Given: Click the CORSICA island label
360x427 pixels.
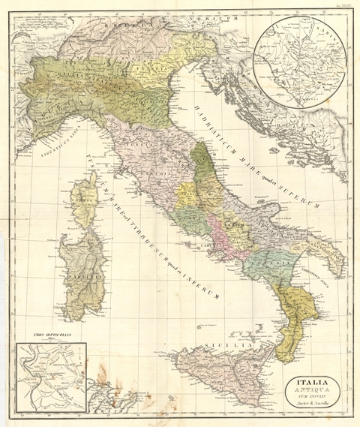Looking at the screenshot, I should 82,200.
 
